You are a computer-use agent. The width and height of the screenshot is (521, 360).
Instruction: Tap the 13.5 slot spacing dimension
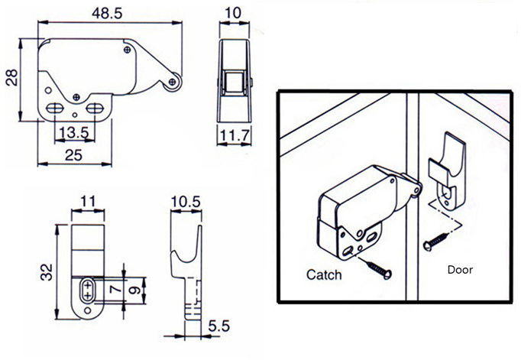click(73, 132)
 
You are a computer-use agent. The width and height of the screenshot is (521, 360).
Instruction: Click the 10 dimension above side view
click(235, 14)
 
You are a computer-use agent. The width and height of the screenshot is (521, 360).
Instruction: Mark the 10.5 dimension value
click(186, 201)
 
